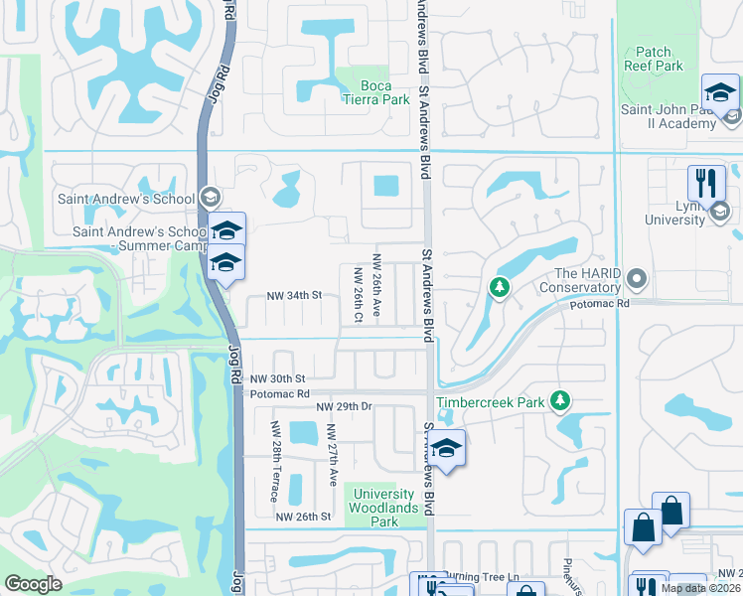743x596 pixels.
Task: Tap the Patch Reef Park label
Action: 654,59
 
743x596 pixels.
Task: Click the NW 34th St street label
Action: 295,295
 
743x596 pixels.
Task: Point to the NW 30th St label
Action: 277,379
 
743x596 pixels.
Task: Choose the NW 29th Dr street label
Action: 343,407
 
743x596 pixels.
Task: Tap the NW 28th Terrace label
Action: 274,461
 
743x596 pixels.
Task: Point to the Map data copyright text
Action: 701,588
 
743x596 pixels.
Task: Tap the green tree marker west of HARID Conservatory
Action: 500,288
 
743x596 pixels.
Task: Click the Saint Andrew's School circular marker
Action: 208,198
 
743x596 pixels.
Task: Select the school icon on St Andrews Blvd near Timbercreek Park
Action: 447,449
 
